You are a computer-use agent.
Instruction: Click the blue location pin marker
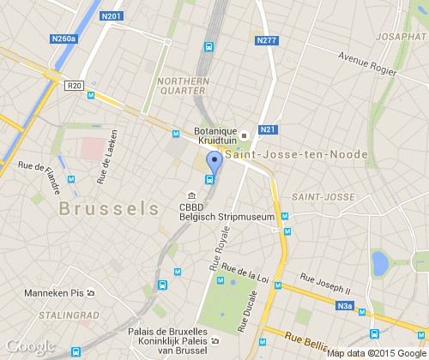pyautogui.click(x=214, y=161)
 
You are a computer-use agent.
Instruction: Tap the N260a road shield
pyautogui.click(x=63, y=39)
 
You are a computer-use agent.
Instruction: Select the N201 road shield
pyautogui.click(x=112, y=15)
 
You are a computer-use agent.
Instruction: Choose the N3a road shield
pyautogui.click(x=346, y=305)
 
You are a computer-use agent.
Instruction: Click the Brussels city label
pyautogui.click(x=109, y=208)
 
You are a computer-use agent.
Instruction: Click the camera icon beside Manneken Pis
pyautogui.click(x=91, y=292)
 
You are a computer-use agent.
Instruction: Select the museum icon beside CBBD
pyautogui.click(x=191, y=195)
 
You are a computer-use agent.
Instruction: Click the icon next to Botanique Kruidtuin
pyautogui.click(x=244, y=135)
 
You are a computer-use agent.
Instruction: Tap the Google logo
pyautogui.click(x=31, y=346)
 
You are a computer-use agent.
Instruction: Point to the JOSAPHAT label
pyautogui.click(x=400, y=38)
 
